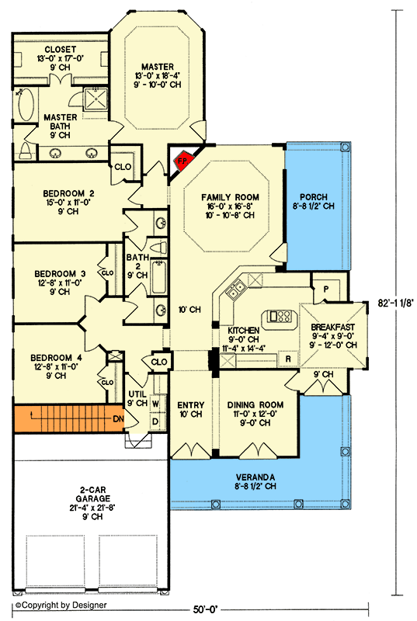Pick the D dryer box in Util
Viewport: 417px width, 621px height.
156,421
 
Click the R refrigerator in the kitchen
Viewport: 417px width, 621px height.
288,359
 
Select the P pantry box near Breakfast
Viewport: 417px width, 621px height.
325,288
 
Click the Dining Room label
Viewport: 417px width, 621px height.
255,405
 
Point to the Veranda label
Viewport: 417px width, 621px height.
258,476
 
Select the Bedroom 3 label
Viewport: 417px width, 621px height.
59,273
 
